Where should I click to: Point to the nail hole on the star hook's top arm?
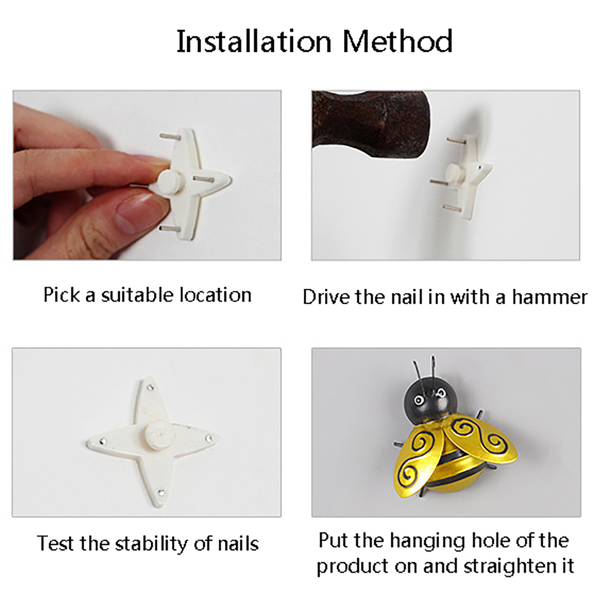(150, 387)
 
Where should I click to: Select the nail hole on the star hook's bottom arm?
(161, 492)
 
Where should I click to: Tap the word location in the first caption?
(216, 295)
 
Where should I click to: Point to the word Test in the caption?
(56, 544)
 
